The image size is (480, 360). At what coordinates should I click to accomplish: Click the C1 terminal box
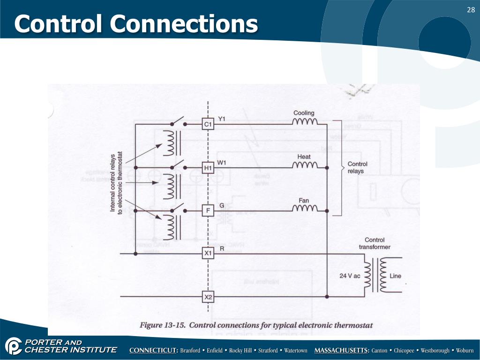point(208,124)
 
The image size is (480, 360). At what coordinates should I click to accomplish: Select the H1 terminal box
point(208,167)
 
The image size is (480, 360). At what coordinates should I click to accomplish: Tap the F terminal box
point(208,211)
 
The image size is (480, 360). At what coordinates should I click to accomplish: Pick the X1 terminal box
point(208,254)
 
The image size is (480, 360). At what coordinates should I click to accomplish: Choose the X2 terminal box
point(208,297)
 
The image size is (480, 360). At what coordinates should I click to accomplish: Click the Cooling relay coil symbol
point(305,123)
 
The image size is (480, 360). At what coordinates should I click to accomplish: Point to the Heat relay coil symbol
point(305,166)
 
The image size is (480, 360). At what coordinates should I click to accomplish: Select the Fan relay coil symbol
point(305,209)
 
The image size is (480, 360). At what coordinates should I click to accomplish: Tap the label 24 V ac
point(350,276)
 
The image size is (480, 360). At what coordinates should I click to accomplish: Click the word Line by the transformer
point(395,276)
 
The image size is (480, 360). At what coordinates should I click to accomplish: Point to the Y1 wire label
point(222,119)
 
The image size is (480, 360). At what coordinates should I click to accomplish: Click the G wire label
point(221,205)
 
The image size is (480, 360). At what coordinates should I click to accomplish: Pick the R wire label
point(222,248)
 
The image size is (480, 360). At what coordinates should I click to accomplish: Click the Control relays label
point(357,167)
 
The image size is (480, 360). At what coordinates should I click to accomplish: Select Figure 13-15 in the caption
point(162,325)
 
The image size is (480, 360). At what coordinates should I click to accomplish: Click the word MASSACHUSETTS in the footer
point(341,351)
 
